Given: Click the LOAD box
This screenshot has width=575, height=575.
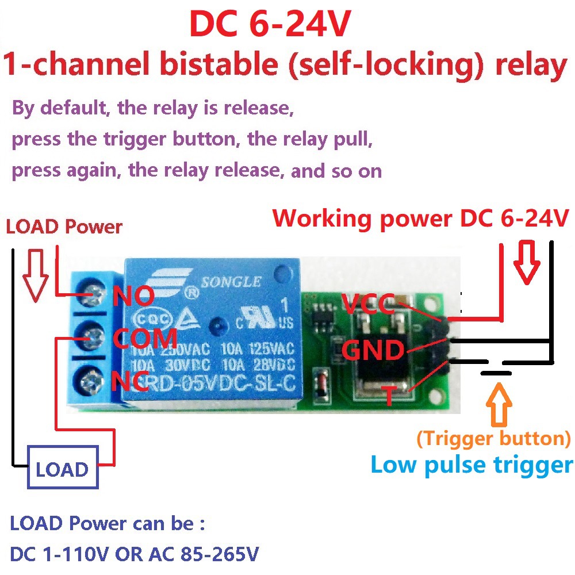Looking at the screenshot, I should tap(62, 470).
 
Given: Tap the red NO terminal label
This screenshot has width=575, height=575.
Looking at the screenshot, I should tap(133, 297).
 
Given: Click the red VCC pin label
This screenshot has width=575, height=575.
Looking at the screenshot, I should tap(367, 303).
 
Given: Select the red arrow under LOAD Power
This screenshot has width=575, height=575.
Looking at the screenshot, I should tap(34, 275).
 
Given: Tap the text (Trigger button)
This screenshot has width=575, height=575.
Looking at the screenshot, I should tap(493, 439).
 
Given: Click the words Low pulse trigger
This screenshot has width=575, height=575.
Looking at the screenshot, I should tap(471, 465).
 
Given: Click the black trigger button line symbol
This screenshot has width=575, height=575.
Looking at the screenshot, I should tap(496, 373).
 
